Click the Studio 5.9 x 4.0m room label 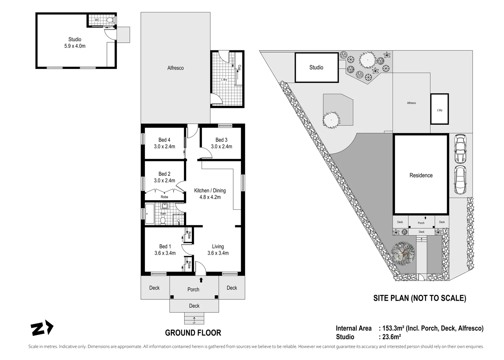75,43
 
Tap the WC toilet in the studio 110,20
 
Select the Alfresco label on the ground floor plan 176,68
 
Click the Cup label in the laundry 240,68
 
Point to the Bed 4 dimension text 165,147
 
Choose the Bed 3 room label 222,140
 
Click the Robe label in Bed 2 164,197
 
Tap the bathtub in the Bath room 150,214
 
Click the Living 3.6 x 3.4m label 218,250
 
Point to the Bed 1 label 165,247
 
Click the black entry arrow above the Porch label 201,280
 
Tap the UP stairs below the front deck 194,318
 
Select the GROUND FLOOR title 193,333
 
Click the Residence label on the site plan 421,175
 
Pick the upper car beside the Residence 460,149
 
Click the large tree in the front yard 403,253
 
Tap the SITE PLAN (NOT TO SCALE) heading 420,298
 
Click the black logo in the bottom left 42,328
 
